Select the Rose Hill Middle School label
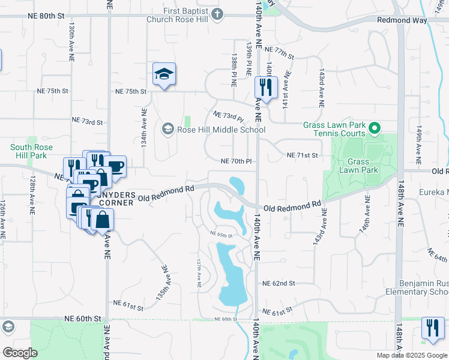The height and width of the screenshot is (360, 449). [x=220, y=130]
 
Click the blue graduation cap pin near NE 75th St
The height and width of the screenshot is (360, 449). [x=164, y=74]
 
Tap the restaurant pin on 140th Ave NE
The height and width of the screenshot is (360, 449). [x=264, y=88]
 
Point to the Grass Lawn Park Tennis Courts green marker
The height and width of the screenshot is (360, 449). [x=375, y=128]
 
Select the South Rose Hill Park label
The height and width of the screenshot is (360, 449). [x=31, y=151]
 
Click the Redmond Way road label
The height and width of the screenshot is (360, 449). [x=402, y=20]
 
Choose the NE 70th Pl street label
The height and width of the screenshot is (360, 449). [x=235, y=161]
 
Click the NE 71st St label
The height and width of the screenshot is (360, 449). [x=301, y=155]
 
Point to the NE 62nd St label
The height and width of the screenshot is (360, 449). [x=279, y=283]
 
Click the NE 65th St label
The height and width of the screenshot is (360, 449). [x=221, y=235]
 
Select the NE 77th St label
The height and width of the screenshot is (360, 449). [x=279, y=53]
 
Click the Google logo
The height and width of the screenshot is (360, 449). [x=20, y=353]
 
